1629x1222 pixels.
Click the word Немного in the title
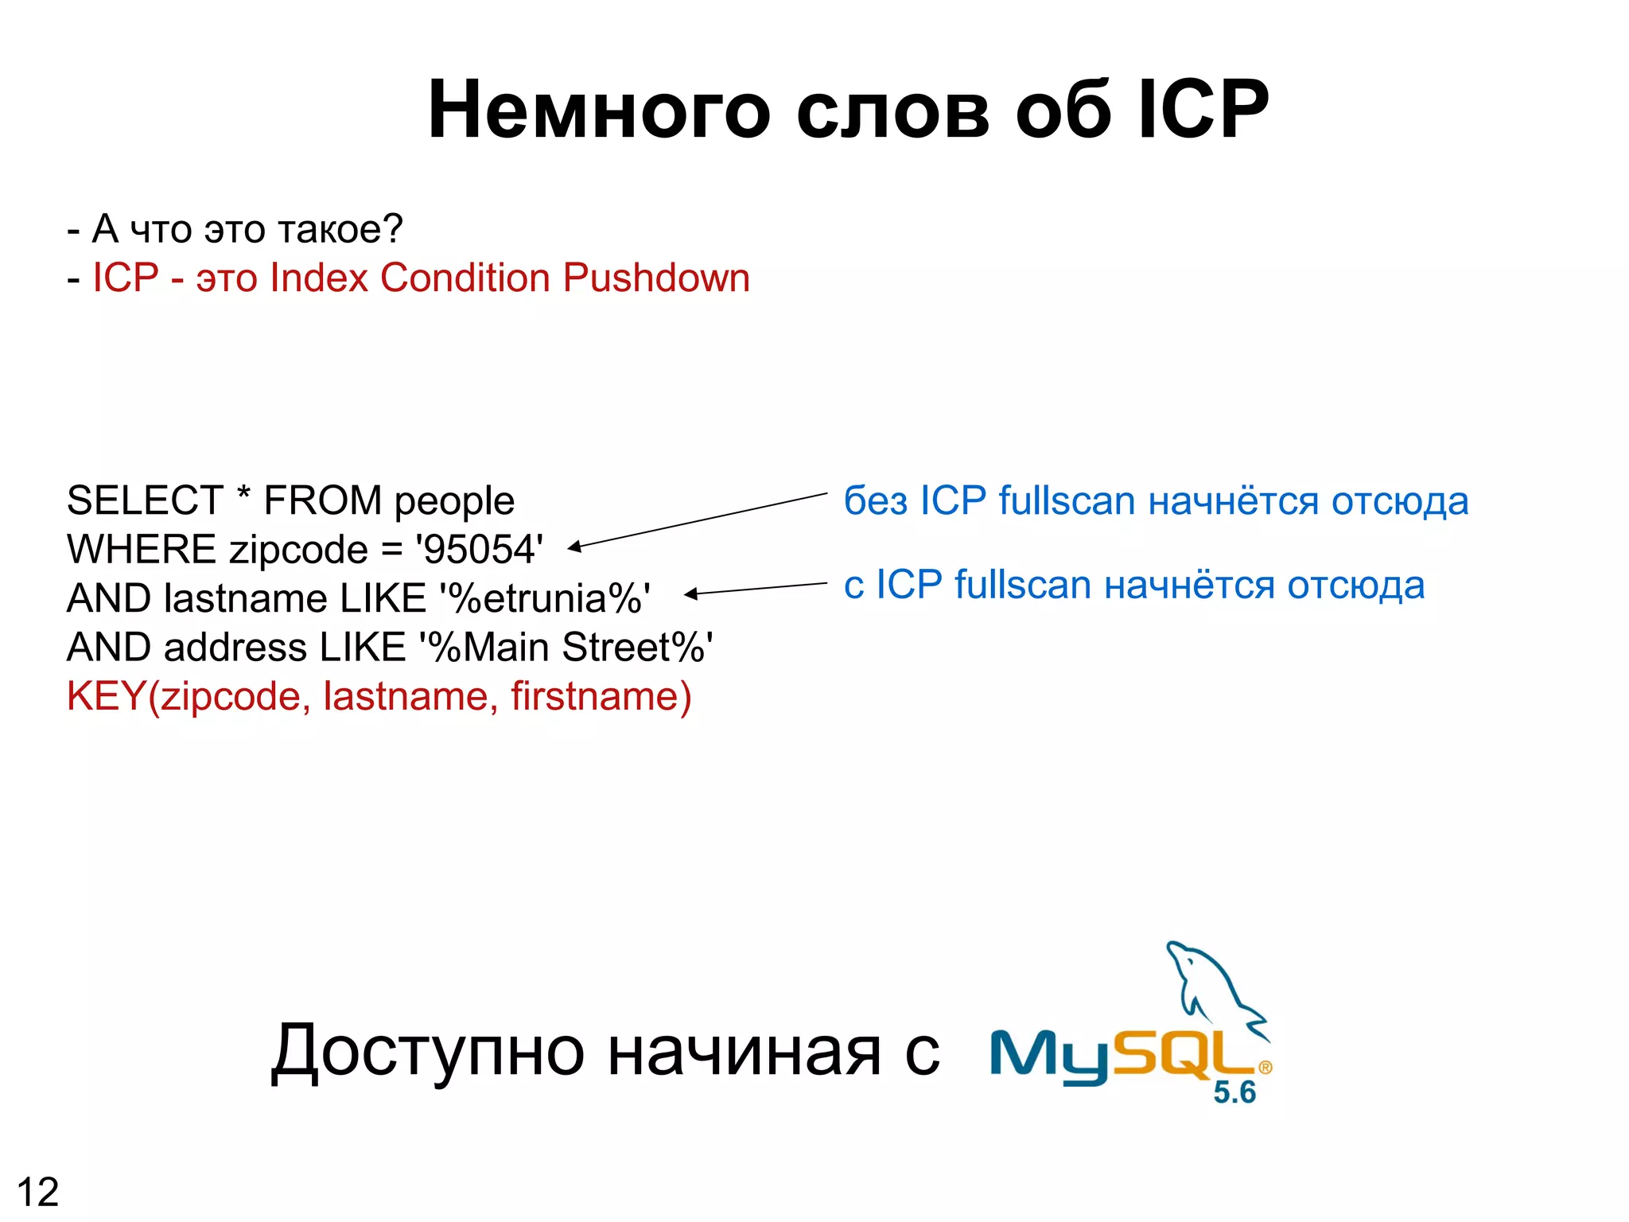point(598,111)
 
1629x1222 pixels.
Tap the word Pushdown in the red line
point(656,278)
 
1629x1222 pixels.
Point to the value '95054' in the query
point(479,551)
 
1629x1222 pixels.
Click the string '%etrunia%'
point(544,599)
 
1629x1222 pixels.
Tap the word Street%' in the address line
point(637,648)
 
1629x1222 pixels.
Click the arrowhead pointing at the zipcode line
point(574,547)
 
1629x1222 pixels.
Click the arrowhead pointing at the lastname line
point(690,593)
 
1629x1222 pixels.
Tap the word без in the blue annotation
point(875,501)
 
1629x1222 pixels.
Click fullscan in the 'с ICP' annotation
point(1022,586)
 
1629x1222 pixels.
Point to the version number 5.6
point(1234,1092)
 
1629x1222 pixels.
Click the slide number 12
point(37,1192)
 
